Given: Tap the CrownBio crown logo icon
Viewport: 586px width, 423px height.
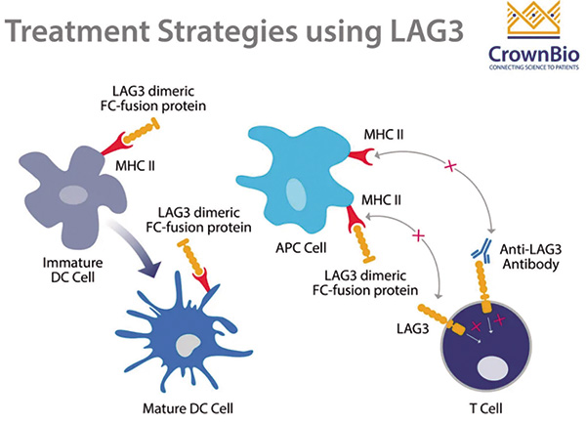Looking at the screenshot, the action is click(x=533, y=21).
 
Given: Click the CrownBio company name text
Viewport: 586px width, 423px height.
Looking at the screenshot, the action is click(x=533, y=54).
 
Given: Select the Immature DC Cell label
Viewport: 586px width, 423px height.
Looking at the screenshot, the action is click(x=73, y=270).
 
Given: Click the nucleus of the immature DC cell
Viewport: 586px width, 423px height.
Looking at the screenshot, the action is click(x=73, y=194).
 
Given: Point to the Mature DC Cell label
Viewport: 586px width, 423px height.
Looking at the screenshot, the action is click(x=188, y=408).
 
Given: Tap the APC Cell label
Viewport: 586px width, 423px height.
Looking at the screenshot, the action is click(x=301, y=248).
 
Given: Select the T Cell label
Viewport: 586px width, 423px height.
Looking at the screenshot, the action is click(x=485, y=408).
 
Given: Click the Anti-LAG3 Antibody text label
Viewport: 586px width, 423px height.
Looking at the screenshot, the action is click(x=530, y=256).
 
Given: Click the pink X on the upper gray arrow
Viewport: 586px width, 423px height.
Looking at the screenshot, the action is click(x=450, y=166).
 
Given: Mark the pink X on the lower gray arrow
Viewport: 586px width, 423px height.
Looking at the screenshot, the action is click(x=419, y=235).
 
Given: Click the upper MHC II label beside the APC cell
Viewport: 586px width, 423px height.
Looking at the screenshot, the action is click(x=384, y=135).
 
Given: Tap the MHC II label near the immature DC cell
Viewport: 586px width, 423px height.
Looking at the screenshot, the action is click(x=135, y=166).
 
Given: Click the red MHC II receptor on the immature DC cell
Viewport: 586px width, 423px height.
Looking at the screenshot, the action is click(x=114, y=145).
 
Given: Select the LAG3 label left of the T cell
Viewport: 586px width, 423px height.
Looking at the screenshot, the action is click(x=412, y=328).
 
